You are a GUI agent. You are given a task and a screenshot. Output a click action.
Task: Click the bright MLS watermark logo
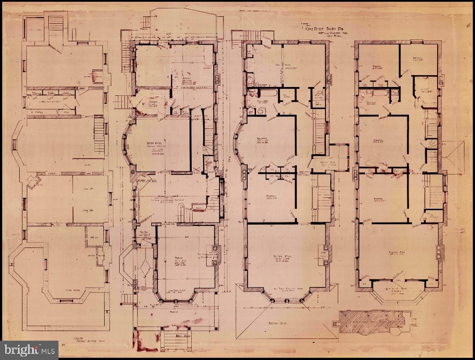point(29,350)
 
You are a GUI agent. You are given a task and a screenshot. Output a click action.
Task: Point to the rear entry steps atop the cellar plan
point(55,26)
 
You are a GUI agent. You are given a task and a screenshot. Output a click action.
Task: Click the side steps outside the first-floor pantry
point(123,102)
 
